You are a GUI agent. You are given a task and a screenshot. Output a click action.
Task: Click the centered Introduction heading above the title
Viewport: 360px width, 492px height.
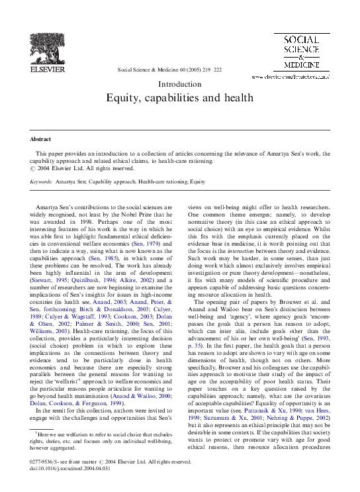click(180, 84)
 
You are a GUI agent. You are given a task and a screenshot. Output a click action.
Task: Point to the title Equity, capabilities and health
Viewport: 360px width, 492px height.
click(180, 98)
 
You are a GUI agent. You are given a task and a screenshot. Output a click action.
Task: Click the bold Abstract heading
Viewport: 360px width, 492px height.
click(41, 139)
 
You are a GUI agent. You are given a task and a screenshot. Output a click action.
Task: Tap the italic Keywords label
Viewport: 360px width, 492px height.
click(41, 180)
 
